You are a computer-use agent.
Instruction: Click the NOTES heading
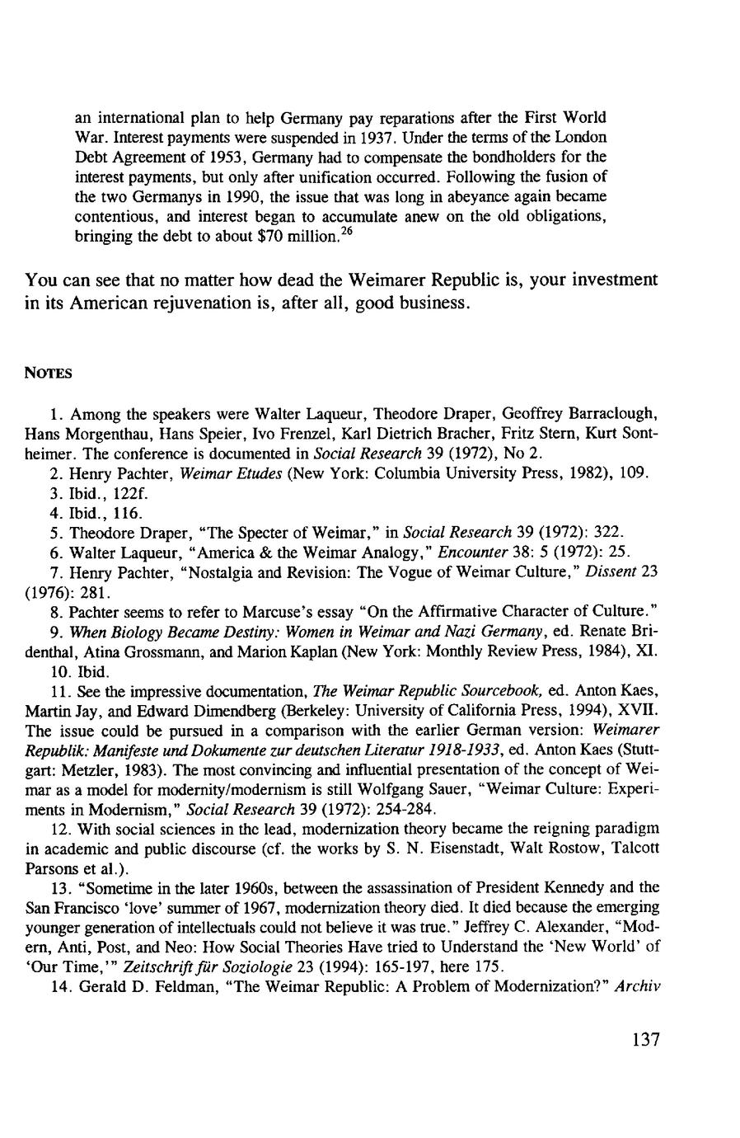[49, 374]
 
